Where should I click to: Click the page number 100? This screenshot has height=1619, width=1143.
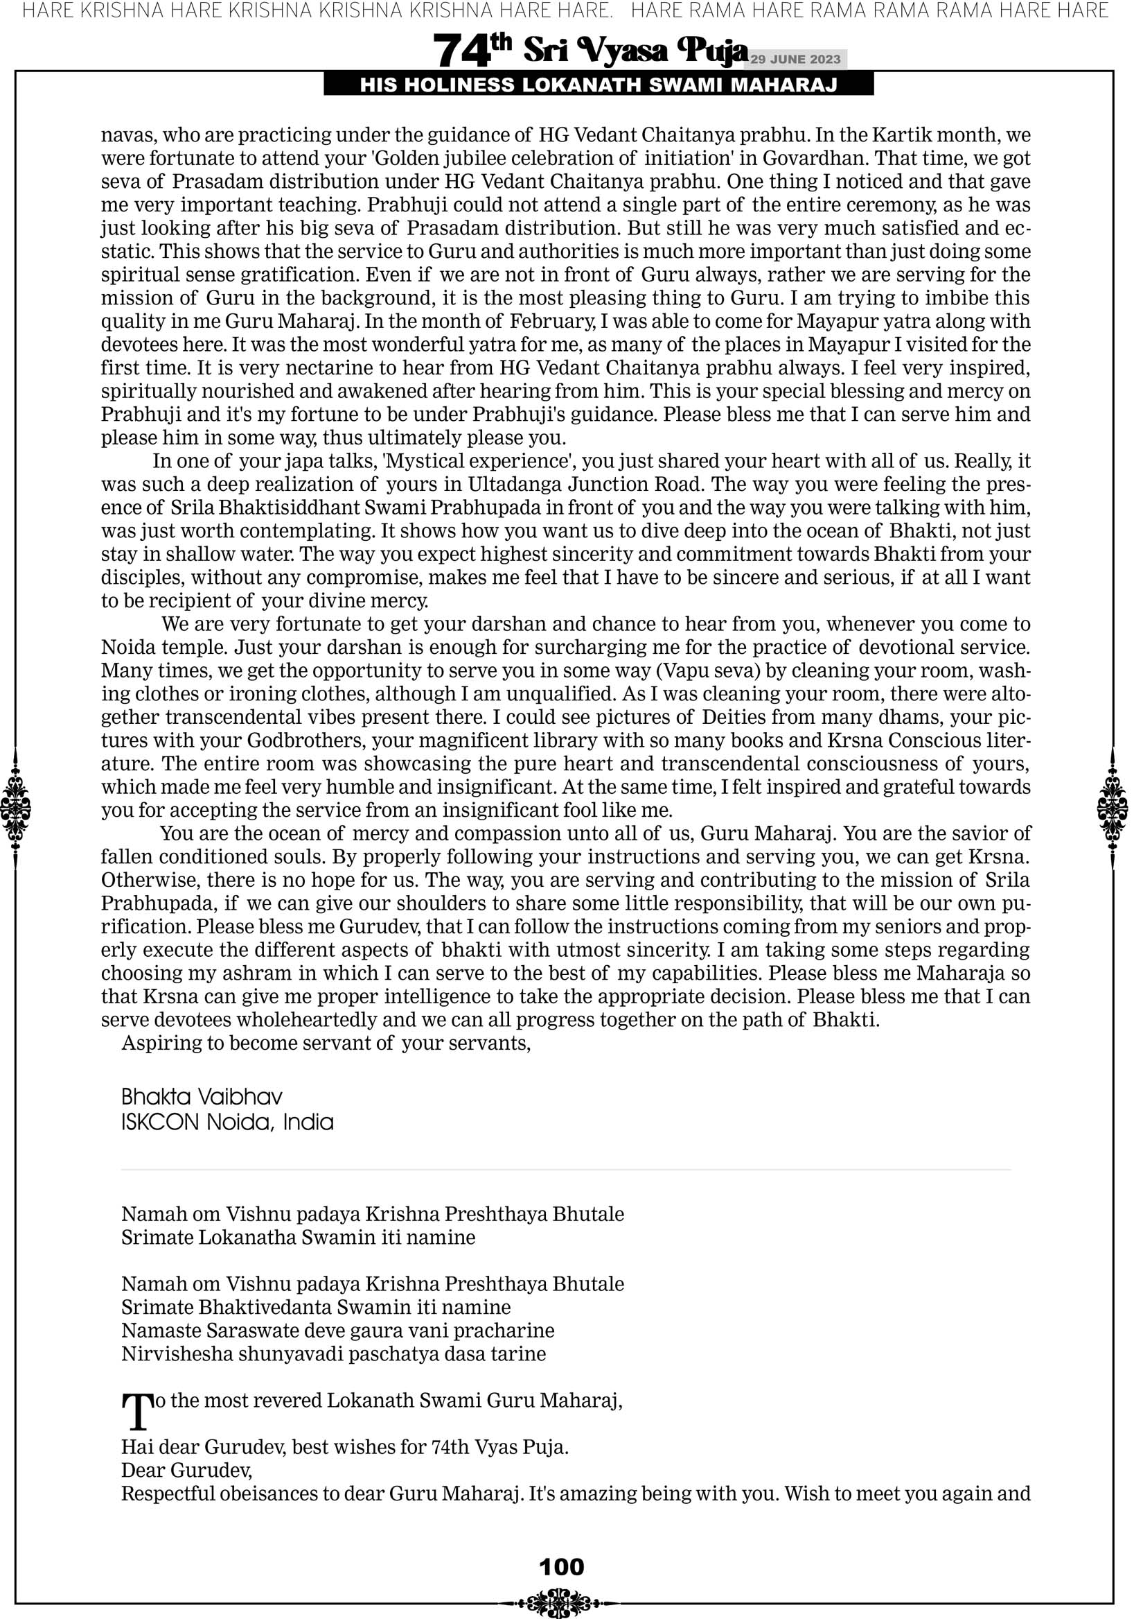click(561, 1567)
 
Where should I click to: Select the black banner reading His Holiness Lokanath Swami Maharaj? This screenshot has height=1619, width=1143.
click(599, 85)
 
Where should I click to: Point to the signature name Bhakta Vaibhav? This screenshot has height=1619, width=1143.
click(202, 1096)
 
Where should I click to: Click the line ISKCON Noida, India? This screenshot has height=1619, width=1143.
click(227, 1122)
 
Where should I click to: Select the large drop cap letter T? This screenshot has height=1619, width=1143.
click(137, 1411)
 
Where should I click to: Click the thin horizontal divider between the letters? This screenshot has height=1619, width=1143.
click(566, 1170)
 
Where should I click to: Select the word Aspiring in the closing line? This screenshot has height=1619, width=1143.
click(161, 1043)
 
